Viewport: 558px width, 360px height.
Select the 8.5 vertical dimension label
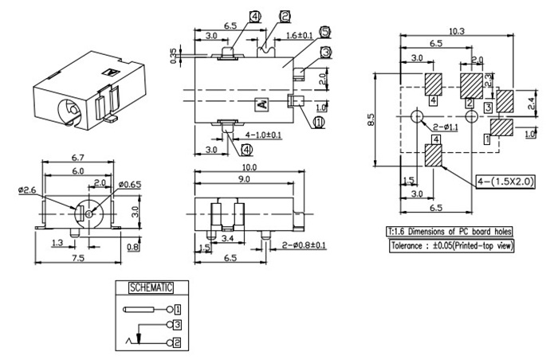371,119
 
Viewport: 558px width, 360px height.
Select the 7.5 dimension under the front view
79,259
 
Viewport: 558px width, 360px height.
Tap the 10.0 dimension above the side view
250,166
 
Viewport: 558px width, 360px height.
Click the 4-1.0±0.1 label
263,135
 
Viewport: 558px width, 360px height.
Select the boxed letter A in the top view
261,104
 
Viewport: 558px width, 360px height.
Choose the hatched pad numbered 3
505,100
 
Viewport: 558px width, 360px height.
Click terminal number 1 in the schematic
178,307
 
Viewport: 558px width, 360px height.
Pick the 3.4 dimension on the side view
226,237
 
